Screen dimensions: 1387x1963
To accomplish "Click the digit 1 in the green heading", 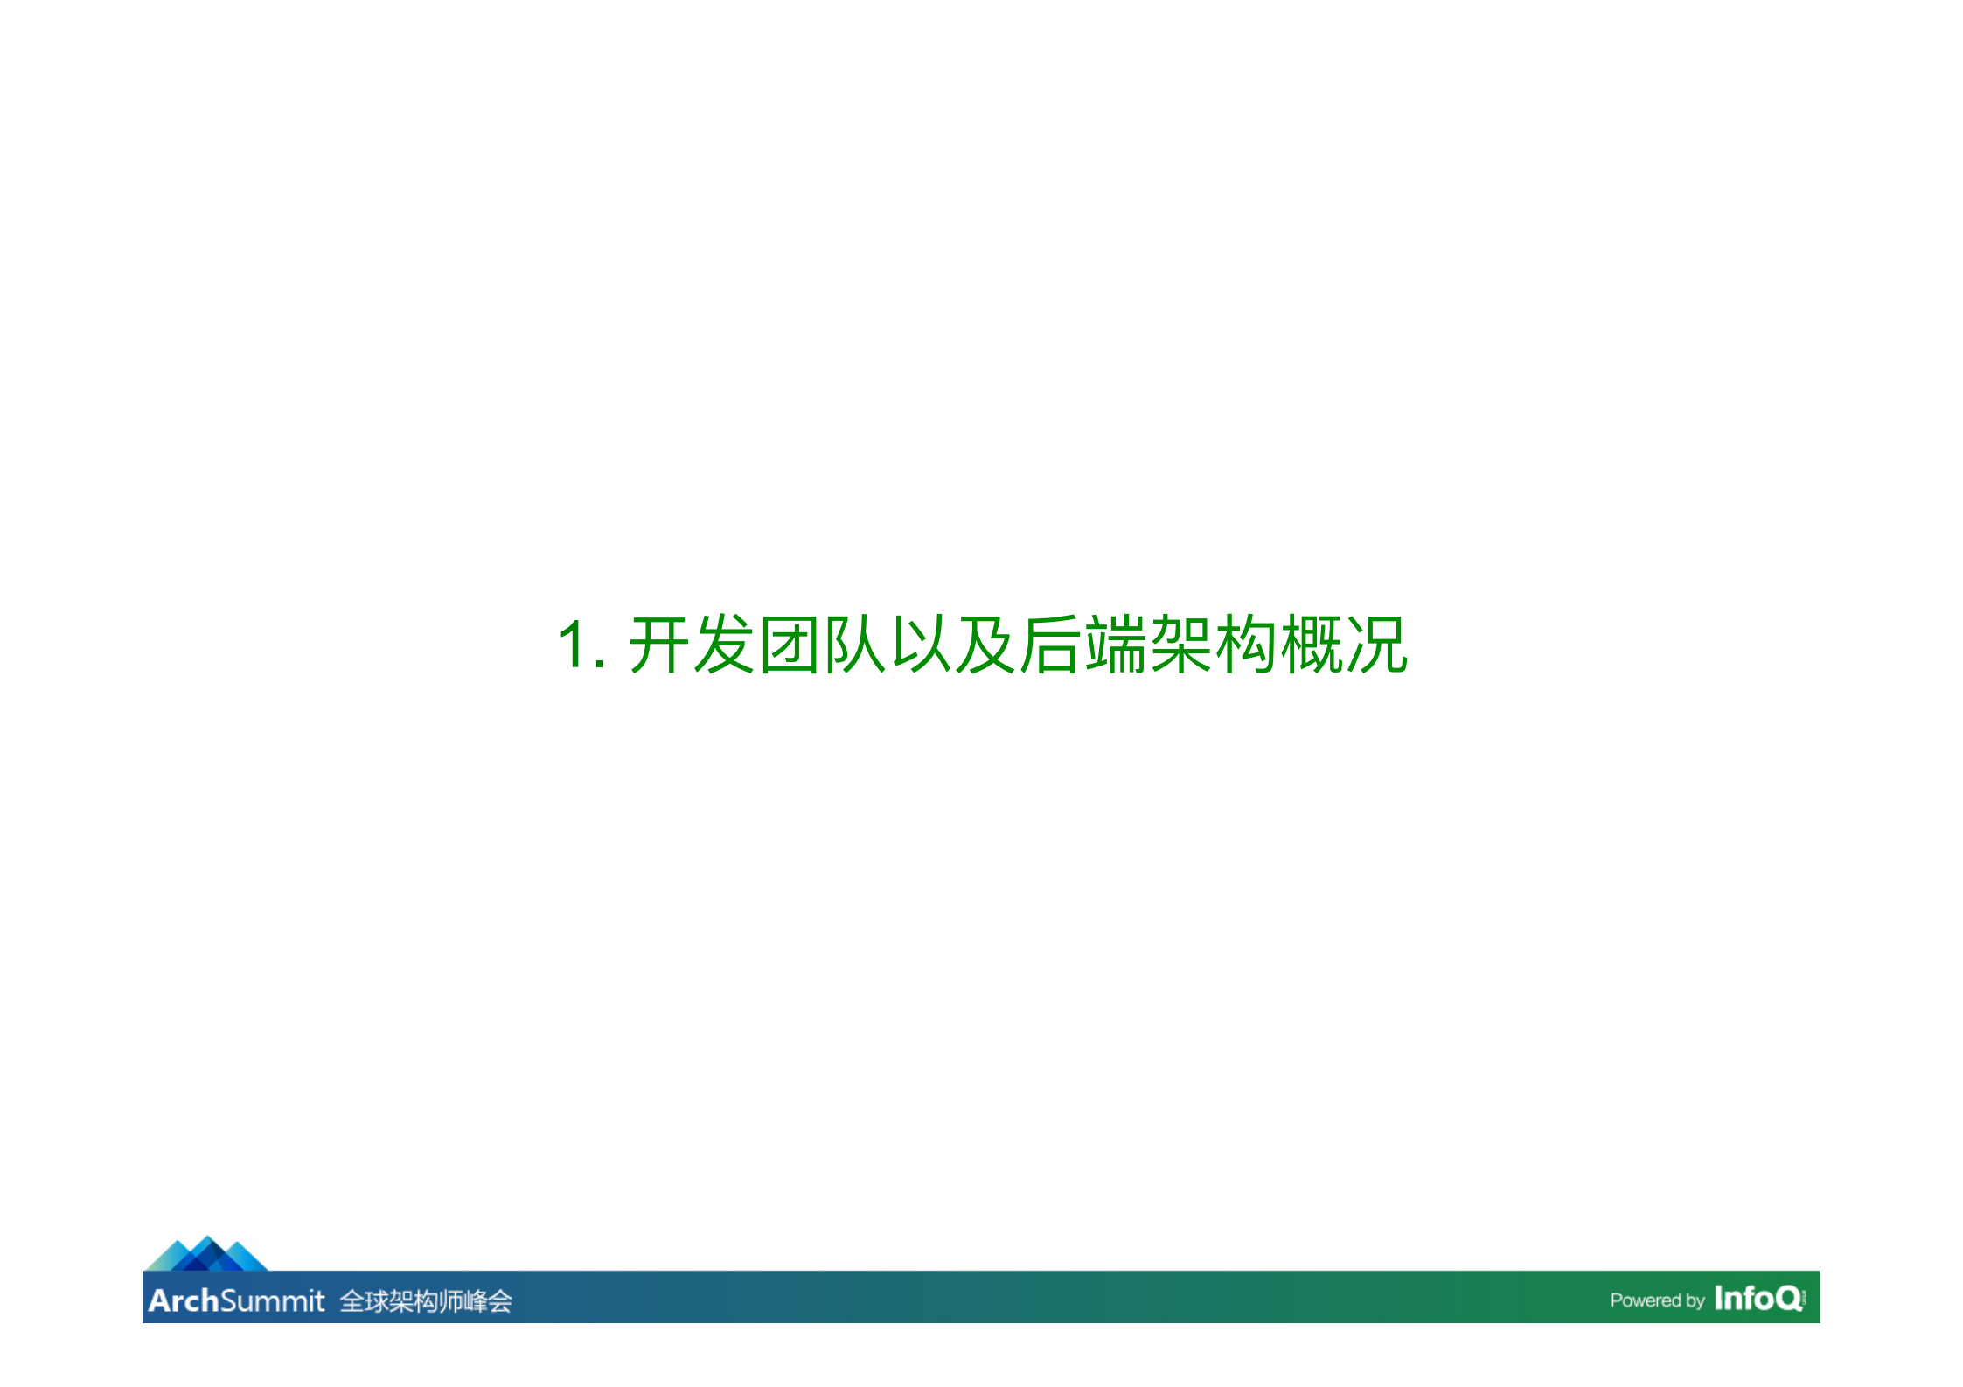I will tap(574, 645).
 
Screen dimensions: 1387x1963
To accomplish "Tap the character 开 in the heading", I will tap(659, 645).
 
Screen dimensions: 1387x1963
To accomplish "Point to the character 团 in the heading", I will tap(790, 645).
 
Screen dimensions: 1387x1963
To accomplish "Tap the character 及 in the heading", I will tap(985, 645).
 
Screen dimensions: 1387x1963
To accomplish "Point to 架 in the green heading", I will tap(1181, 645).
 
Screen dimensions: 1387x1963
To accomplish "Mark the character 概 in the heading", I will tap(1312, 645).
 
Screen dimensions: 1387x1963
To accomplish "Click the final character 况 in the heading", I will tap(1377, 645).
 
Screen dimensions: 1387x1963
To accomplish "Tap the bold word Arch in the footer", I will tap(183, 1300).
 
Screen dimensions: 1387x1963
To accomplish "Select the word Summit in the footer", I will tap(272, 1300).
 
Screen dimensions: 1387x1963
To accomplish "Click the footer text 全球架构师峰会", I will tap(426, 1301).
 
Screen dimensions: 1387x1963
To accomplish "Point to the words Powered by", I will tap(1657, 1300).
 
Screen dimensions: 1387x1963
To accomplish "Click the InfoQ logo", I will tap(1758, 1298).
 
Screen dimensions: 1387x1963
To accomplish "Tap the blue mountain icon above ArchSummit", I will tap(206, 1254).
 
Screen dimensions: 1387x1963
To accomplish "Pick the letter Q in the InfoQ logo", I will tap(1788, 1299).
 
